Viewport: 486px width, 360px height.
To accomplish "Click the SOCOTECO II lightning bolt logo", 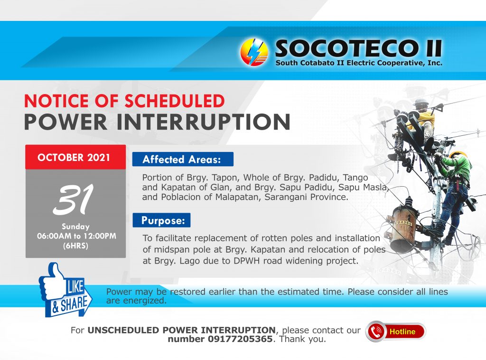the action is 254,52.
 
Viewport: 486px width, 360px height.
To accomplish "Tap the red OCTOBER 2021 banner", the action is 75,157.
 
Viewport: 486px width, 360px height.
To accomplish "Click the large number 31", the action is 74,199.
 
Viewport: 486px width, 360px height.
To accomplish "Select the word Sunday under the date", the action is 75,227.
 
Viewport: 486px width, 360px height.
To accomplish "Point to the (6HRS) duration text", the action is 75,246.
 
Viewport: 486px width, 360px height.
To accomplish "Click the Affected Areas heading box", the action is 183,159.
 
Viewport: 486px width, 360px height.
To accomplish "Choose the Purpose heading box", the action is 161,220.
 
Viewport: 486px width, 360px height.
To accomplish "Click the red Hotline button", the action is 396,332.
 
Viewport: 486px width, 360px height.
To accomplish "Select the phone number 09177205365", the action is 240,339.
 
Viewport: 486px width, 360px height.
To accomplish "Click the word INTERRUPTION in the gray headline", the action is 203,122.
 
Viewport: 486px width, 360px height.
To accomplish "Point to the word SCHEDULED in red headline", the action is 175,101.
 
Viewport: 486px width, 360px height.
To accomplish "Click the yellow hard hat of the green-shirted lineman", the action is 458,154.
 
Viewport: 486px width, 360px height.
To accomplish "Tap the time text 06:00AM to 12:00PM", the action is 76,236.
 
